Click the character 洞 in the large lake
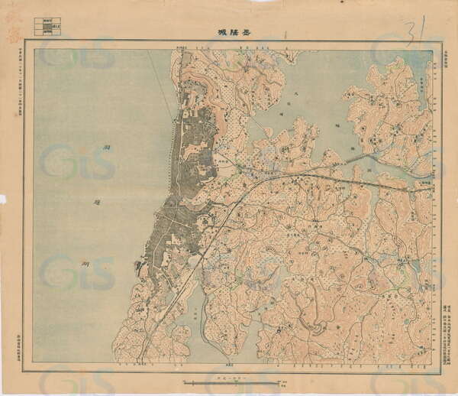coord(108,156)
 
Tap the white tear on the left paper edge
coord(2,199)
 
